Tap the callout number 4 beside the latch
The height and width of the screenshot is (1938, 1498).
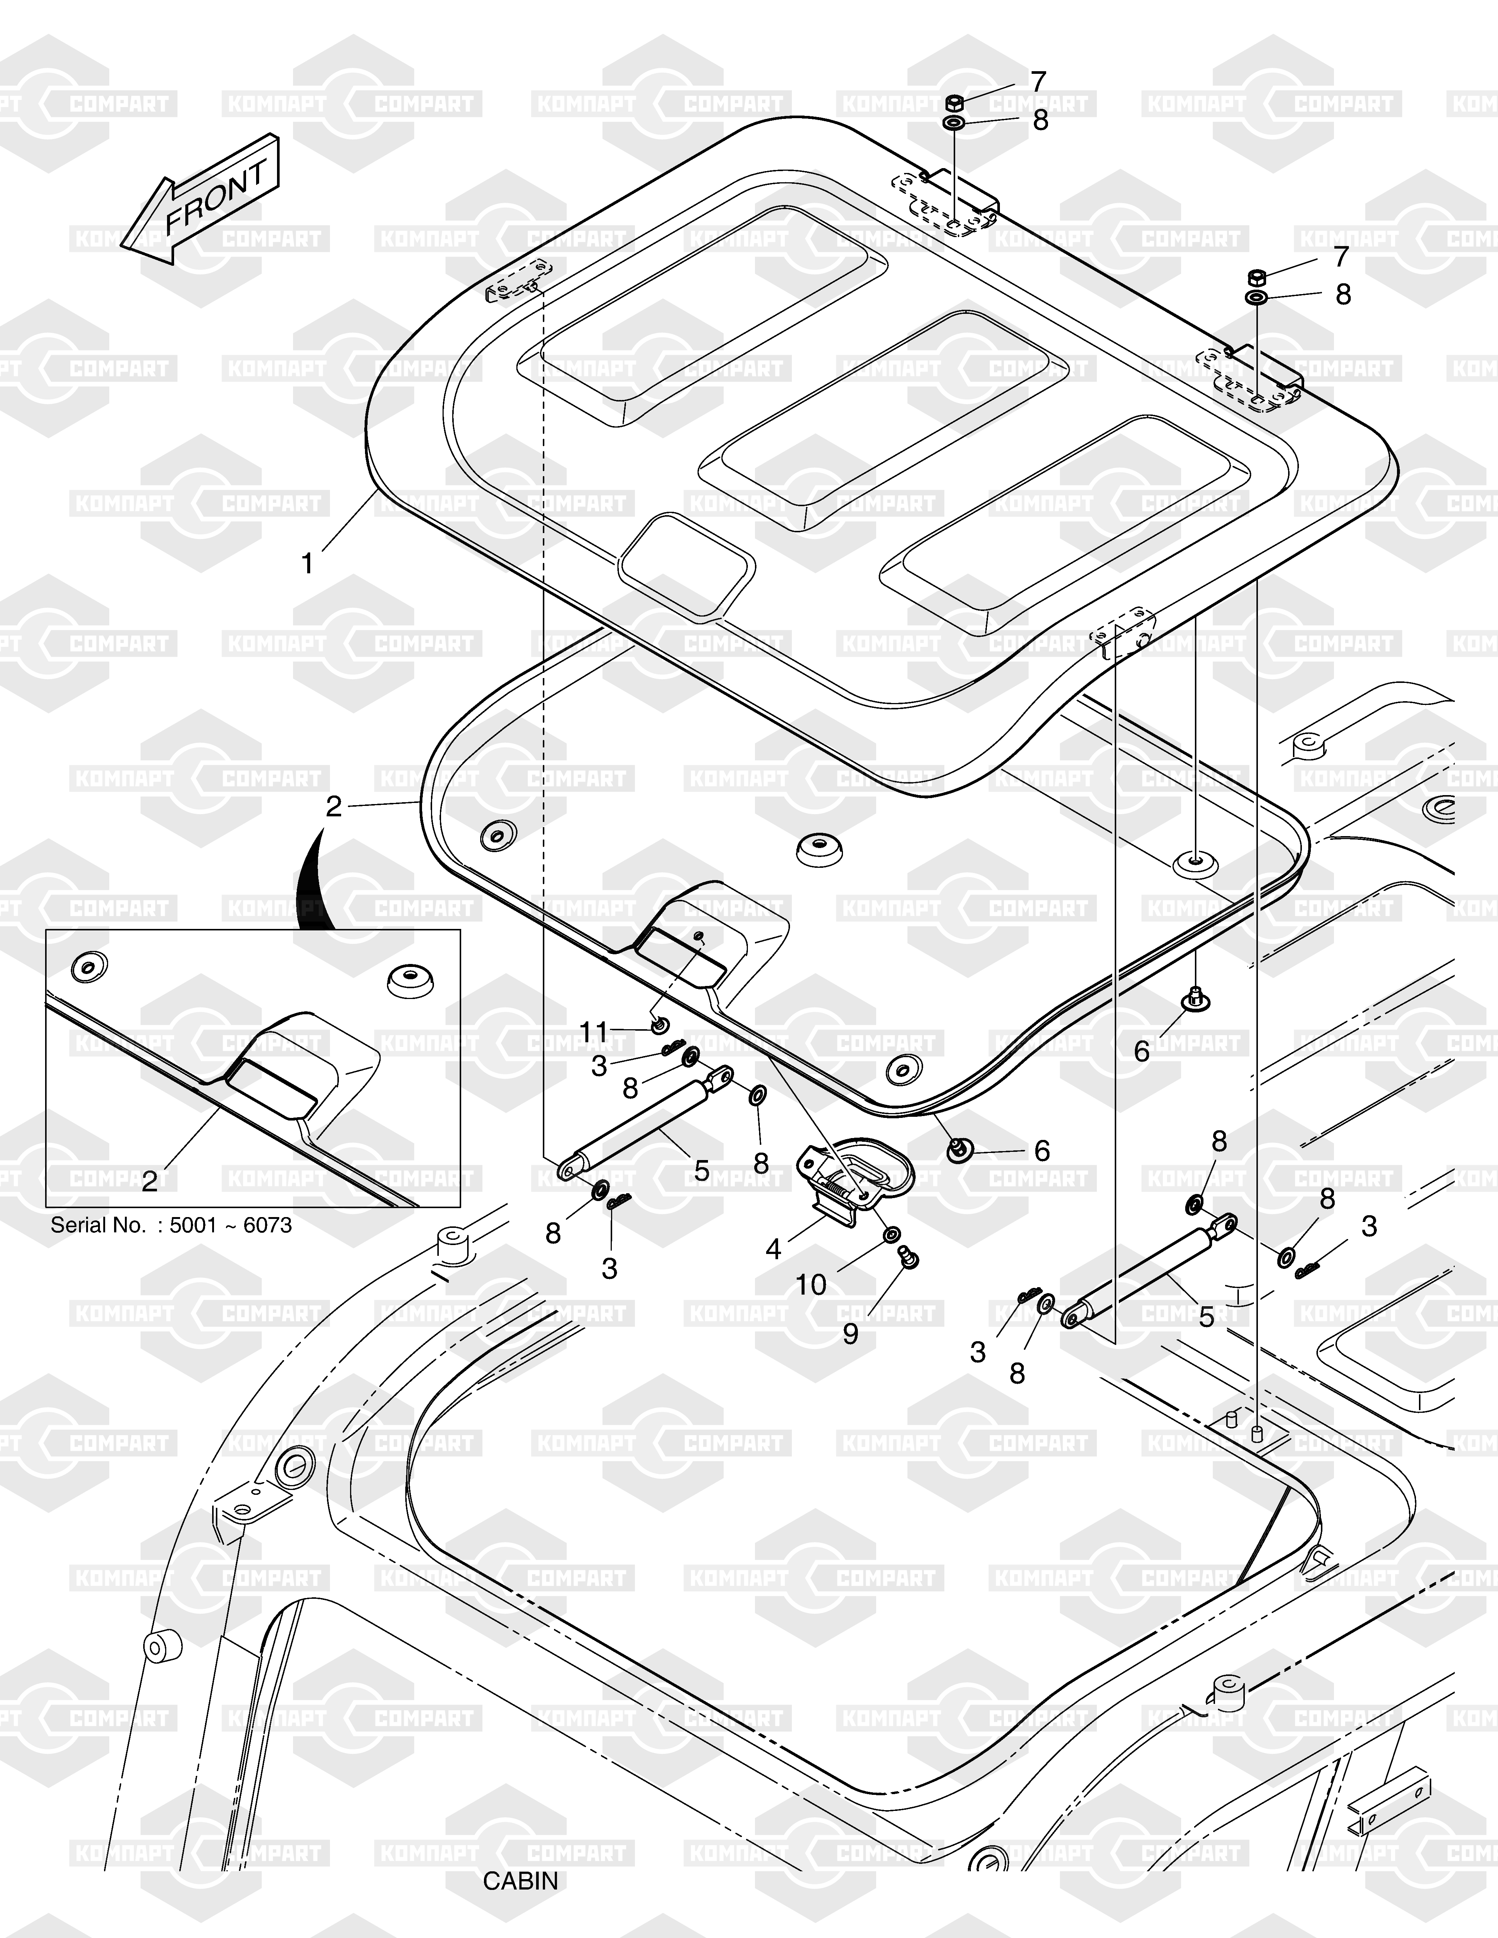coord(773,1250)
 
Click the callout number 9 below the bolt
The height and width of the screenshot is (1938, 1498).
coord(850,1334)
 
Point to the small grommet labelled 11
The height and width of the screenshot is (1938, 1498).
coord(660,1027)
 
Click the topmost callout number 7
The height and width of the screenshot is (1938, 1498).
coord(1038,82)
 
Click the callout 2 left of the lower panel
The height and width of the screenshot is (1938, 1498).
coord(334,806)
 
